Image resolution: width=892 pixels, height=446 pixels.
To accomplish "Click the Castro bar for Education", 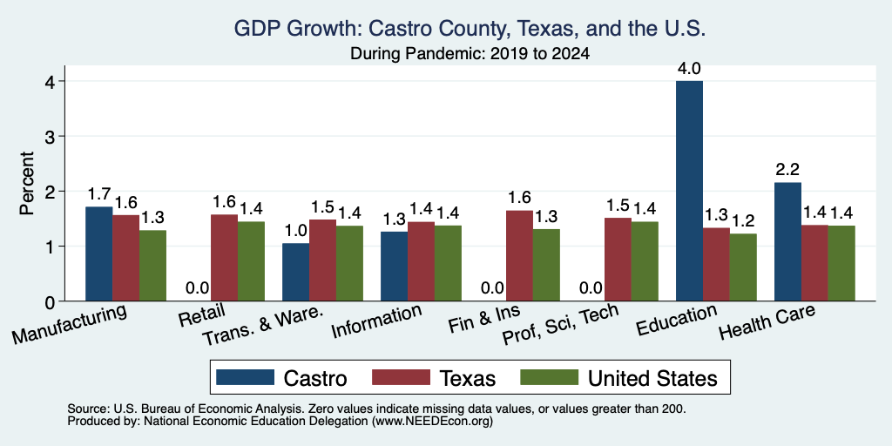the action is point(690,191).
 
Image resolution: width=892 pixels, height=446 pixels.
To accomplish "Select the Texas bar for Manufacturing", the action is point(125,258).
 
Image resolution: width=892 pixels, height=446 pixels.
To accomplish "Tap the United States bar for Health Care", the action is point(841,263).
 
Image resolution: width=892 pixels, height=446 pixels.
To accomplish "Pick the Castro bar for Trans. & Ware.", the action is point(296,272).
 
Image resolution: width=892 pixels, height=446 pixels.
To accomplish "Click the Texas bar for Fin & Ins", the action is point(519,255).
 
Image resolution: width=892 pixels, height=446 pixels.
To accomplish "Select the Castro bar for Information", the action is point(395,267).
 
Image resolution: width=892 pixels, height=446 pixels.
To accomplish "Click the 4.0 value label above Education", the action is point(690,70).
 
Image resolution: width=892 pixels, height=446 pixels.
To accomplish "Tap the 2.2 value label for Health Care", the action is point(787,170).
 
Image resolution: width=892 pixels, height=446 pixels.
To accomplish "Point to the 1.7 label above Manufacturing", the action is point(99,194).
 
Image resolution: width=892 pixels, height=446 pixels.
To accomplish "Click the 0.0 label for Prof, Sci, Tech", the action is point(591,287).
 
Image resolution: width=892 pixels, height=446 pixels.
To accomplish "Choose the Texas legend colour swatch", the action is point(401,377).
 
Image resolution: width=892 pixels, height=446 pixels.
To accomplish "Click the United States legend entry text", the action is point(652,378).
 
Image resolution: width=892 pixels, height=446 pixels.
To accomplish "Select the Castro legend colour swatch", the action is point(245,377).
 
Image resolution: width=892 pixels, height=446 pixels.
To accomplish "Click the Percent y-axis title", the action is point(27,183).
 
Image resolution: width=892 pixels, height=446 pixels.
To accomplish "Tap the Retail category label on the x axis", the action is point(202,314).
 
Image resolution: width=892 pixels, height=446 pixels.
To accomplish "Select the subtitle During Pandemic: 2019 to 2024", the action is point(470,54).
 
